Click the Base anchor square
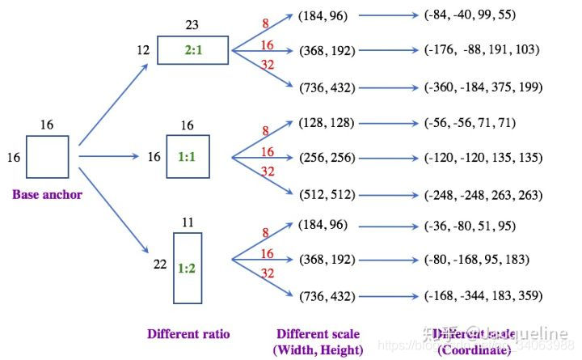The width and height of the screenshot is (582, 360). pyautogui.click(x=48, y=156)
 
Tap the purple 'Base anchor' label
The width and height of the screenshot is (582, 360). pyautogui.click(x=46, y=194)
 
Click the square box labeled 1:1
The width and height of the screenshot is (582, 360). pyautogui.click(x=188, y=156)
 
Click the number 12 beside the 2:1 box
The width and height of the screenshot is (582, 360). pyautogui.click(x=144, y=51)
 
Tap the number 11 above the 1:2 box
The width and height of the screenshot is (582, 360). pyautogui.click(x=188, y=220)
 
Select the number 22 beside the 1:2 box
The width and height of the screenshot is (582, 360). pyautogui.click(x=161, y=264)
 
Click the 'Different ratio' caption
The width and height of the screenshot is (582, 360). pyautogui.click(x=188, y=333)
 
